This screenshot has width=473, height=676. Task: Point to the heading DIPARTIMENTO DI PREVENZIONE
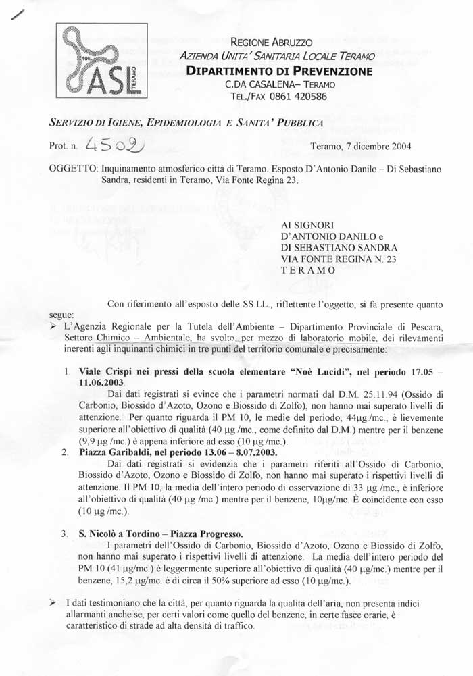(278, 71)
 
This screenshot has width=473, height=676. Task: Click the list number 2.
(65, 452)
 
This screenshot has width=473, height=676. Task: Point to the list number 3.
(64, 534)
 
